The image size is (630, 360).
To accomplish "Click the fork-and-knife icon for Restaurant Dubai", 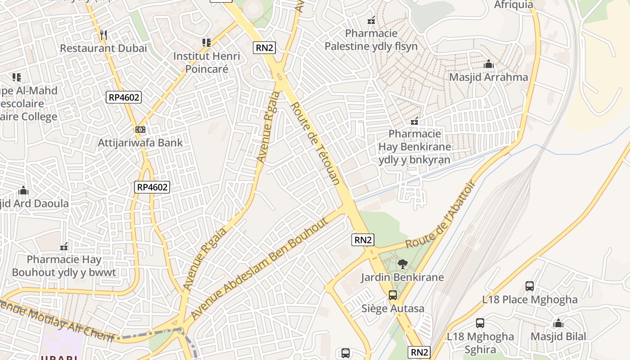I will pos(103,35).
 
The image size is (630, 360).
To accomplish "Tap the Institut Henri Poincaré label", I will pos(207,63).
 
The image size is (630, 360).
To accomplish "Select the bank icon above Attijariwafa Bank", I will pos(140,130).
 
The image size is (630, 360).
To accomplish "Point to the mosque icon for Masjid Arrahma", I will pos(489,64).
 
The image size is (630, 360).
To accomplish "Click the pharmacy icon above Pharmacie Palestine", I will pos(371,20).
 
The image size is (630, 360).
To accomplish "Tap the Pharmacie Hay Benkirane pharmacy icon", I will pos(414,121).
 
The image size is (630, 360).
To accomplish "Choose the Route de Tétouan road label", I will pos(315,144).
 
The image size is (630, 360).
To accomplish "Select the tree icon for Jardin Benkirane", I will pos(402,264).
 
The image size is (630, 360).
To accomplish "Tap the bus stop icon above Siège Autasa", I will pos(393,295).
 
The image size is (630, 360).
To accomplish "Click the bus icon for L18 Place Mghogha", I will pos(530,286).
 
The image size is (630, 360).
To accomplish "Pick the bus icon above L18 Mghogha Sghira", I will pos(480,323).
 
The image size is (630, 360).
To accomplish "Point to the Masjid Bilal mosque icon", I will pos(558,323).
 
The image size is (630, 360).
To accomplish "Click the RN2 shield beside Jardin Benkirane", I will pos(363,240).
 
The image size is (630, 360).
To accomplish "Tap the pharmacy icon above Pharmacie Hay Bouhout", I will pos(64,246).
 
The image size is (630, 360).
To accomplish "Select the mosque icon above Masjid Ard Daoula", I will pos(23,190).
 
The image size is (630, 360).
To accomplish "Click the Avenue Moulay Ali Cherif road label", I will pos(56,320).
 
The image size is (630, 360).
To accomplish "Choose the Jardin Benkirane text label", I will pos(402,277).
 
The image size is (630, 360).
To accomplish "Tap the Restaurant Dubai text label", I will pos(103,48).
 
